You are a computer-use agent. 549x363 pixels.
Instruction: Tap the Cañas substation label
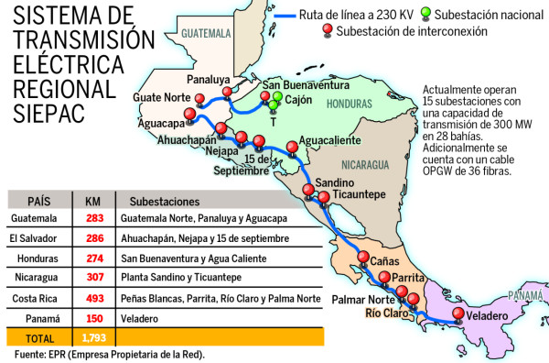[x=384, y=261]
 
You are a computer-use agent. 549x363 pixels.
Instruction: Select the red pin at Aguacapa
[x=189, y=115]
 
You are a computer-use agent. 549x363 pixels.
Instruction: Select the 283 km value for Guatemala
[x=93, y=219]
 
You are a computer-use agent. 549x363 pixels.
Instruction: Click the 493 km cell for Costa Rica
[x=93, y=299]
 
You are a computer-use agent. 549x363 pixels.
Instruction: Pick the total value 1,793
[x=93, y=338]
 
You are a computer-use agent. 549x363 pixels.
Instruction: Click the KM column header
[x=93, y=199]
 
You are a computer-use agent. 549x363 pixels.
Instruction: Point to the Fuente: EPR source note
[x=110, y=354]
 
